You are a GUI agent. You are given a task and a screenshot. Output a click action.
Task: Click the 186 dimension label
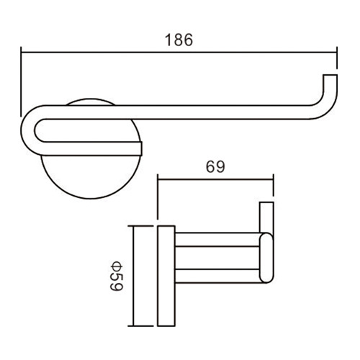(x=179, y=40)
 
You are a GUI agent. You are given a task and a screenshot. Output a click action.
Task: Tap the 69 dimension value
(x=215, y=166)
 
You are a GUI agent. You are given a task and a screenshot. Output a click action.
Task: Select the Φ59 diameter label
(x=117, y=276)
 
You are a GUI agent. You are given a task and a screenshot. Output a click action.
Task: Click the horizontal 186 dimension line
(x=179, y=52)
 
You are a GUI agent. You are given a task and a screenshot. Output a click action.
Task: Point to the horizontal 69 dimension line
(x=215, y=179)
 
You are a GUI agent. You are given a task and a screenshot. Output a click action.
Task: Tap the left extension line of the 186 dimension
(x=22, y=81)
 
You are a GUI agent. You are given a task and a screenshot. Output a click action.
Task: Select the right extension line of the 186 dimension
(x=337, y=58)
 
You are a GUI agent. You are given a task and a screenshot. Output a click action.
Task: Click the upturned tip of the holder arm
(x=330, y=76)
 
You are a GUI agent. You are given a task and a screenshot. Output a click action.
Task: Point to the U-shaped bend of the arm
(x=27, y=130)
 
